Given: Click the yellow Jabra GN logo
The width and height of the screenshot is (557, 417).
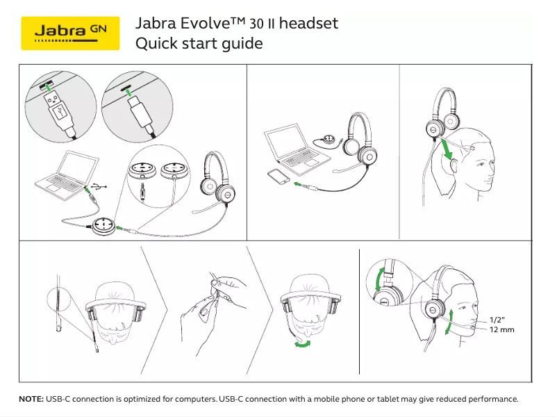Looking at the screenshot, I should click(71, 33).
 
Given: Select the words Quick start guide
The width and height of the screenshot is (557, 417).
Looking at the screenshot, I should click(199, 44).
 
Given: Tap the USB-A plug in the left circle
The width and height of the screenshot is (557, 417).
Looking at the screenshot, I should click(58, 108).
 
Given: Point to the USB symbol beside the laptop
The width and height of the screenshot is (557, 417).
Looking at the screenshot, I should click(100, 186).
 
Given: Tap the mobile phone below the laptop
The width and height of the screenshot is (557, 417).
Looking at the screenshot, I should click(278, 177).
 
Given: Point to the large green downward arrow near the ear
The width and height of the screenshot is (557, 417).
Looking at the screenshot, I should click(449, 148).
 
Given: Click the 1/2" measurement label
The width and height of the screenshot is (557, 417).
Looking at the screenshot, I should click(497, 319).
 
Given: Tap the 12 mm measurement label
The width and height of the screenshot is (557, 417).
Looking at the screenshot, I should click(502, 329).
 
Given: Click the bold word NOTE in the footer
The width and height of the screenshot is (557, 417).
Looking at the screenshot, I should click(31, 400).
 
